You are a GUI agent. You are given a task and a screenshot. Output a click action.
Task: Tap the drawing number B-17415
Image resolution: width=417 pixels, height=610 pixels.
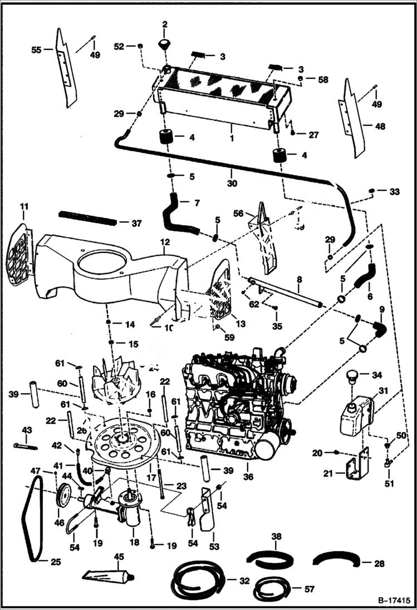390,601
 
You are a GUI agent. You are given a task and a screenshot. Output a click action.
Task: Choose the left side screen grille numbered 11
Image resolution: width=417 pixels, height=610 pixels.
20,256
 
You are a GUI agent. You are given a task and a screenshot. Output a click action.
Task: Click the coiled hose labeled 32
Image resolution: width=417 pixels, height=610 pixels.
197,578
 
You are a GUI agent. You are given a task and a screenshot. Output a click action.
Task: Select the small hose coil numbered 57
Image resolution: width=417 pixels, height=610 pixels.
271,588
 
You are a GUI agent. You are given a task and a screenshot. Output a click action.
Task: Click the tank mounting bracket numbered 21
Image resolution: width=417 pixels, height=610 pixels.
356,464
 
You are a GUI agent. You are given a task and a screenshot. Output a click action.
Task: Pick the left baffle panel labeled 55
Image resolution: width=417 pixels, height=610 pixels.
65,70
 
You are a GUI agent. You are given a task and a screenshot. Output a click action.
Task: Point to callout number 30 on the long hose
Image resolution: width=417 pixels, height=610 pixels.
231,181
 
